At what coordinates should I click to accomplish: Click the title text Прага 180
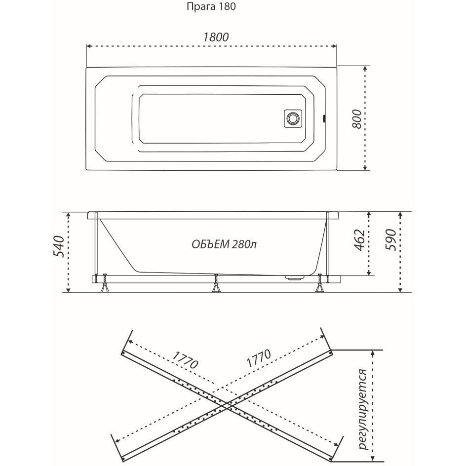pos(211,7)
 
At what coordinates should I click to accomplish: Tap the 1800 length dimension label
pos(216,37)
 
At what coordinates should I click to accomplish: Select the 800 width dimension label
pos(357,119)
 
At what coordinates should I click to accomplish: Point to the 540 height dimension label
pos(58,246)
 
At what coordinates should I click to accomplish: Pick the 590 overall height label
pos(391,240)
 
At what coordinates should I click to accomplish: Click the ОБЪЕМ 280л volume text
pos(224,244)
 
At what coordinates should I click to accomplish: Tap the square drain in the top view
pos(293,118)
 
